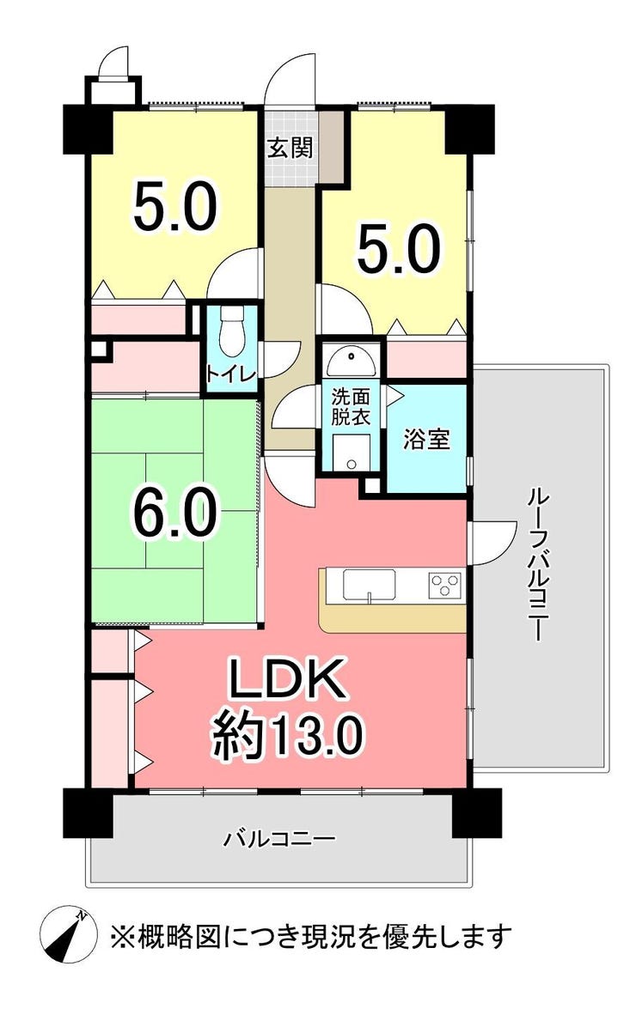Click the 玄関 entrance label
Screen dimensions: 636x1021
pyautogui.click(x=290, y=149)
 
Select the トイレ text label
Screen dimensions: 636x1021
pyautogui.click(x=232, y=374)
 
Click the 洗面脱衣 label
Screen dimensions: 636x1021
pyautogui.click(x=351, y=407)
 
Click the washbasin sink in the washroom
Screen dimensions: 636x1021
pyautogui.click(x=352, y=360)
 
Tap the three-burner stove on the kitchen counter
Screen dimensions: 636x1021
pyautogui.click(x=446, y=584)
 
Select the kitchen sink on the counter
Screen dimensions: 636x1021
pyautogui.click(x=370, y=585)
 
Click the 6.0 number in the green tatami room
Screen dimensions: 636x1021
pyautogui.click(x=175, y=513)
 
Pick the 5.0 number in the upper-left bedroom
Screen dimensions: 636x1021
pyautogui.click(x=174, y=206)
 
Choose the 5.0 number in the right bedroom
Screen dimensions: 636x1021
pyautogui.click(x=399, y=248)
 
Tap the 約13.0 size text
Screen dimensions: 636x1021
pyautogui.click(x=287, y=735)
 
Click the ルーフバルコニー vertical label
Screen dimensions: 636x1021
pyautogui.click(x=538, y=564)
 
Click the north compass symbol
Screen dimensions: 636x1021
pyautogui.click(x=69, y=935)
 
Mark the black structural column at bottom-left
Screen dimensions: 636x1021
pyautogui.click(x=89, y=812)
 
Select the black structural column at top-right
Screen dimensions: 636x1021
pyautogui.click(x=469, y=129)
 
